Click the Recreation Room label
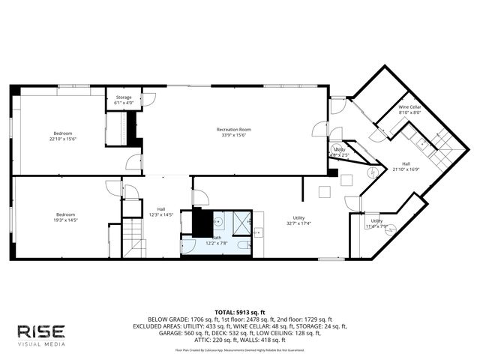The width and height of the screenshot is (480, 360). [x=234, y=130]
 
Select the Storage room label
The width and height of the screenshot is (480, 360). [x=124, y=97]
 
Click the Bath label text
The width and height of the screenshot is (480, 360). [x=216, y=238]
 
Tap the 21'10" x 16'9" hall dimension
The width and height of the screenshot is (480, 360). [x=406, y=169]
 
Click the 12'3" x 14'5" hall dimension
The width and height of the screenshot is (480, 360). [x=160, y=214]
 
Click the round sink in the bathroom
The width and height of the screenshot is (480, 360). [x=218, y=222]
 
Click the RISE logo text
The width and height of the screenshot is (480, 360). [x=41, y=331]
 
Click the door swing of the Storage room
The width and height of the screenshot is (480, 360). [x=148, y=100]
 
